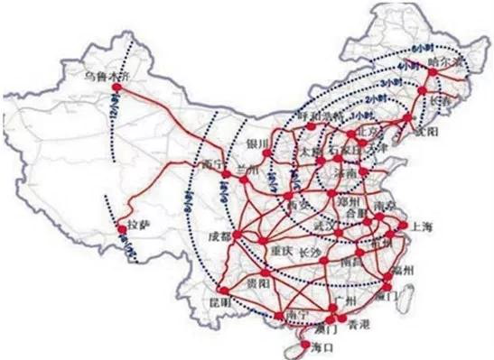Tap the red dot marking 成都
tap(235, 236)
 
